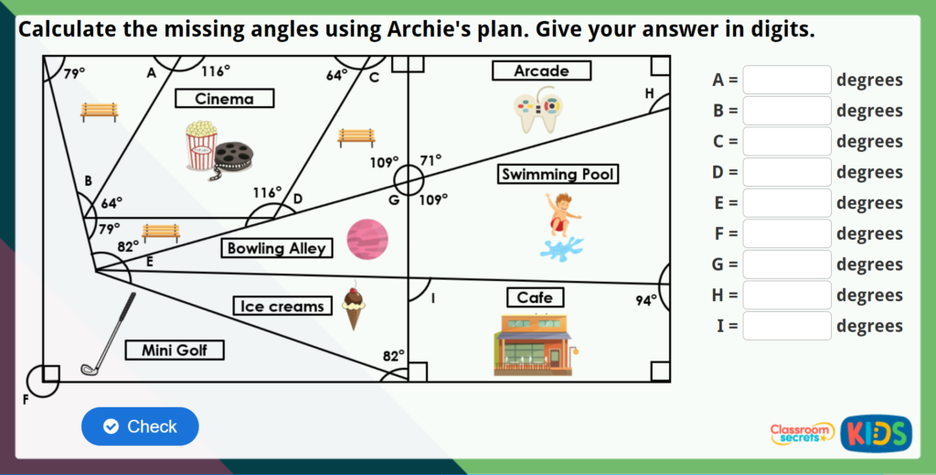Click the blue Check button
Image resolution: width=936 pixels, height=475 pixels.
(x=140, y=426)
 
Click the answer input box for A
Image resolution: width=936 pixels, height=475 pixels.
(x=787, y=81)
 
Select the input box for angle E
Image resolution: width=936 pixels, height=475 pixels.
(x=787, y=203)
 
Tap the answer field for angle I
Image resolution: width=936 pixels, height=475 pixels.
(x=787, y=326)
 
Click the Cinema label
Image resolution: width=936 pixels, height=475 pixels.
(x=224, y=99)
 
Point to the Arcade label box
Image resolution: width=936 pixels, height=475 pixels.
(x=541, y=70)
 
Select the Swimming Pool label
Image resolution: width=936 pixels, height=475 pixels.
(x=558, y=174)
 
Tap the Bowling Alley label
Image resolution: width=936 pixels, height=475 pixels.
(x=276, y=248)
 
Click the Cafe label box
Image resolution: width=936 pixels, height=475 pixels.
(x=535, y=297)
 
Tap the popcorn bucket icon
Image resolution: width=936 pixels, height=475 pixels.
(x=200, y=146)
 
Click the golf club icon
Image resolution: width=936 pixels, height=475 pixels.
(x=108, y=335)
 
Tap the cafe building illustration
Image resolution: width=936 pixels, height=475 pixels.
(x=534, y=344)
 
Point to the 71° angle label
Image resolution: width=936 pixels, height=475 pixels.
(x=431, y=160)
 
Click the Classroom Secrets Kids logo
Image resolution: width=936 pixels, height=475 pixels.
(x=840, y=432)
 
